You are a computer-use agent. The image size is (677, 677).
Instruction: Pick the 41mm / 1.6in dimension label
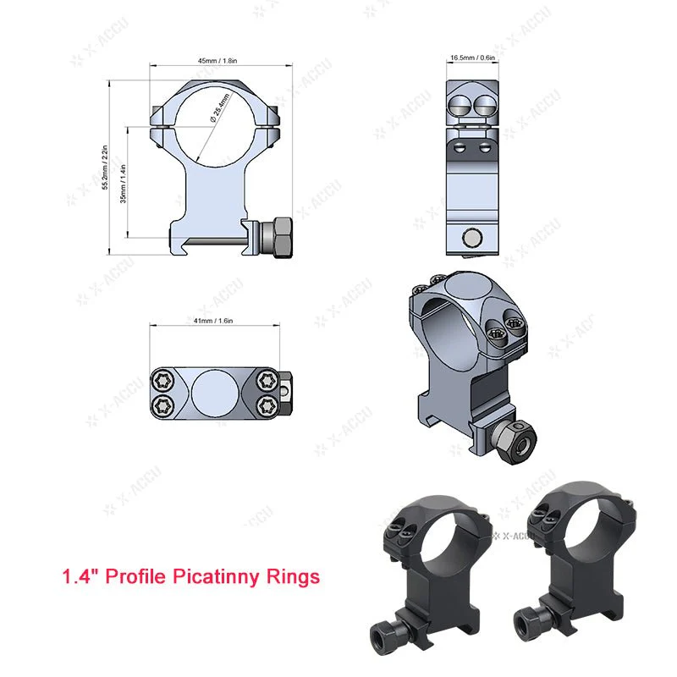coord(213,322)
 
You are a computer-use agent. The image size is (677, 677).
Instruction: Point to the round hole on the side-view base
coord(472,239)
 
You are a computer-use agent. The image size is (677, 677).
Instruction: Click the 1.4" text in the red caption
coord(80,577)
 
